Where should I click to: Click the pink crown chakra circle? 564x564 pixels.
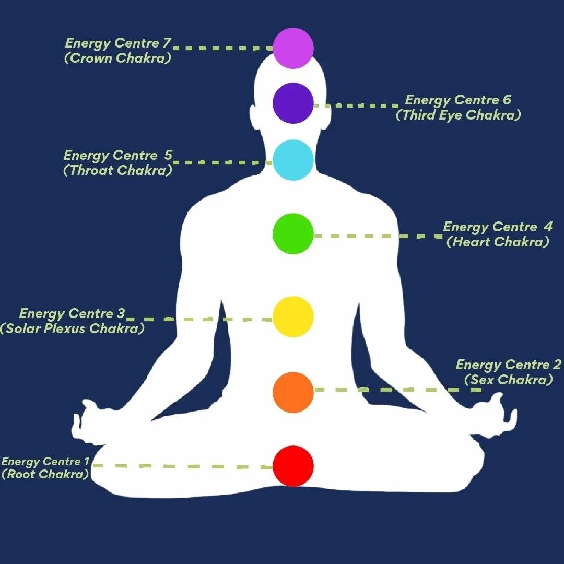[293, 48]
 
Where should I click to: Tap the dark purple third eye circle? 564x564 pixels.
[293, 103]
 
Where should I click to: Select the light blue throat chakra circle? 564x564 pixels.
[293, 160]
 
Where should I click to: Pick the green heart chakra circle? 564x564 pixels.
[293, 233]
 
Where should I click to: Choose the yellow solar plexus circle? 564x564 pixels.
[293, 316]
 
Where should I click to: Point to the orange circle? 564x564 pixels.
[293, 392]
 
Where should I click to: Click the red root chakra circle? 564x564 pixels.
[293, 466]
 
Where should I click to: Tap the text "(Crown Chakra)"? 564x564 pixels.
[118, 58]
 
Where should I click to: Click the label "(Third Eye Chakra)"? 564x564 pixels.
[459, 115]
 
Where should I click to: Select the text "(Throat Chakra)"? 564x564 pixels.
[118, 170]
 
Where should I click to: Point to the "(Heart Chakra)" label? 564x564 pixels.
[498, 242]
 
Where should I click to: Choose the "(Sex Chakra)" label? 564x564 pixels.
[509, 380]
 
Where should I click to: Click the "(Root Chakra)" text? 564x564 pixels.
[45, 474]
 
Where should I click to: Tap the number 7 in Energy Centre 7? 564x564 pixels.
[166, 43]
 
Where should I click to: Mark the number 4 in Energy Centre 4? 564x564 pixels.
[547, 227]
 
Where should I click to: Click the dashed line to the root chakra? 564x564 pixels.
[183, 466]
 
